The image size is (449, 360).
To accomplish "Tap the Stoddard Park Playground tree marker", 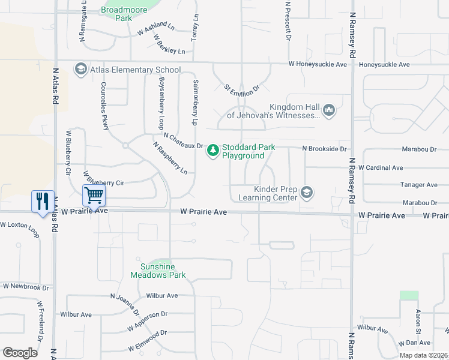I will coord(212,150).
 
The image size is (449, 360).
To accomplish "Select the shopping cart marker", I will coord(93,195).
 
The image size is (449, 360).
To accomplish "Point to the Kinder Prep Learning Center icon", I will coord(307,192).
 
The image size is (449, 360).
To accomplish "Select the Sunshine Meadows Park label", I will coord(158,271).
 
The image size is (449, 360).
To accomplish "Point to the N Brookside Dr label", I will coord(324,148).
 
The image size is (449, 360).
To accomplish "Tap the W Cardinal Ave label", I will coord(380,167).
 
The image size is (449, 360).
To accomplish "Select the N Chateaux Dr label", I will coord(184,142).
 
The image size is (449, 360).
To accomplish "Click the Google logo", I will coord(20,353).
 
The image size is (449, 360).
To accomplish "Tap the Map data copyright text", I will coord(423,355).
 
